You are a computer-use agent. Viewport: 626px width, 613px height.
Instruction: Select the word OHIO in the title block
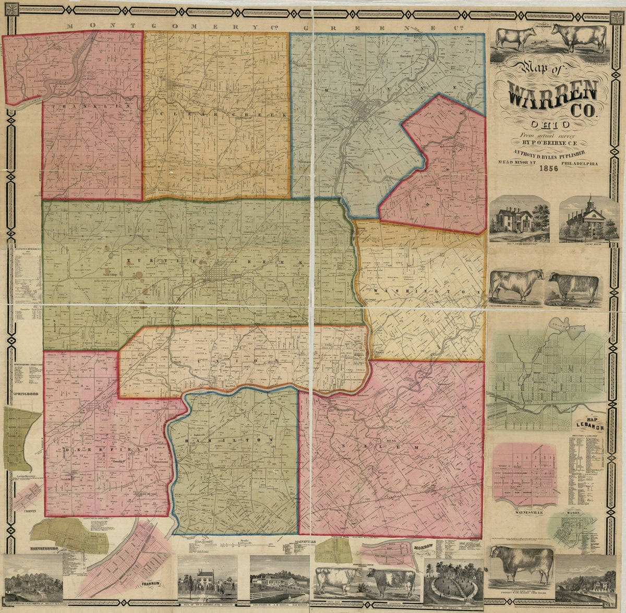550,125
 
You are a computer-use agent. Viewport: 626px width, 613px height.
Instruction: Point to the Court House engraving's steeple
589,202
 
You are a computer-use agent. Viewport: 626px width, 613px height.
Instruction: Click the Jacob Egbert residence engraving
519,219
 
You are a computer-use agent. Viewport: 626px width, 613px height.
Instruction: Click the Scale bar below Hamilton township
245,544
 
